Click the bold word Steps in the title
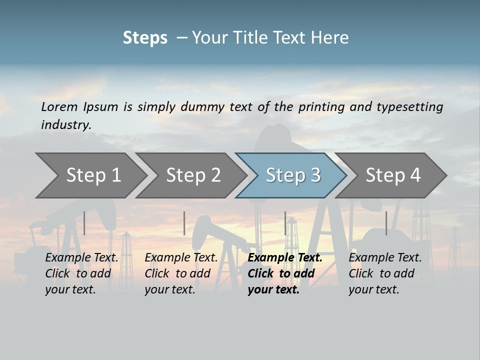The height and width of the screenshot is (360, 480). [145, 38]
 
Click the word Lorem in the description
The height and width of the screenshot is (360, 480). [59, 107]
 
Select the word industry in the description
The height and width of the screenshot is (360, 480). [65, 125]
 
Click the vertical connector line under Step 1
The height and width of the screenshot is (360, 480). [84, 223]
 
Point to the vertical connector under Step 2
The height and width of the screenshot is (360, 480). [184, 223]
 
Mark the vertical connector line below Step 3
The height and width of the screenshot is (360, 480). [285, 223]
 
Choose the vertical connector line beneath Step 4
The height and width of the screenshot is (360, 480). [386, 223]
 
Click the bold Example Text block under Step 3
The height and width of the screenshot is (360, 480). [284, 273]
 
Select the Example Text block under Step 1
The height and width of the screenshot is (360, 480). [81, 273]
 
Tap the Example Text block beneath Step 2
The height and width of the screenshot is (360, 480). [181, 273]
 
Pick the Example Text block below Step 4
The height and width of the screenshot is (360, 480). [385, 273]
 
